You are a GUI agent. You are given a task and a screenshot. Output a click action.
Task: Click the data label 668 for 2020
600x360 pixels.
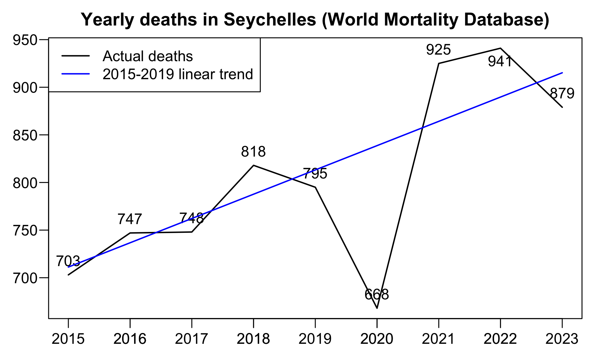[x=377, y=295]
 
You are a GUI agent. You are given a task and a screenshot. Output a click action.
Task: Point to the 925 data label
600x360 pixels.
[x=439, y=50]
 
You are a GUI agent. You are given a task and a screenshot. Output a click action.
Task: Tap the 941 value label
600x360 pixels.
[x=500, y=62]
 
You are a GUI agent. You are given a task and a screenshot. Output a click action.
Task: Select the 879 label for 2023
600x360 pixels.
[x=562, y=94]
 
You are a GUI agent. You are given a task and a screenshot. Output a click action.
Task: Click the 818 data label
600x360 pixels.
[x=253, y=152]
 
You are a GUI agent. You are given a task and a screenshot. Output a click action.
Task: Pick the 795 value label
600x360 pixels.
[x=315, y=174]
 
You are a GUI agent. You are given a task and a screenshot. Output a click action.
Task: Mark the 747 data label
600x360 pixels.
[x=130, y=219]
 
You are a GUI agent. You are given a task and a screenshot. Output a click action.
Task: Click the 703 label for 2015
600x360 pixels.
[x=68, y=261]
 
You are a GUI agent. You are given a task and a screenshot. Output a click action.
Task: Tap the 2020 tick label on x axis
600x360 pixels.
[x=377, y=339]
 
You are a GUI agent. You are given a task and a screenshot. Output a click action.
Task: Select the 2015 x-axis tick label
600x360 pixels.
[x=68, y=339]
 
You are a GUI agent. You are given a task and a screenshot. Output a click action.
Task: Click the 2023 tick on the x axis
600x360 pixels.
[x=562, y=339]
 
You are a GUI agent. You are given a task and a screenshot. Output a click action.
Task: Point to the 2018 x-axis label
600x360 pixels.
[x=253, y=339]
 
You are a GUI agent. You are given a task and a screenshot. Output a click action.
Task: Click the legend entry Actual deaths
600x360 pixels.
[x=148, y=56]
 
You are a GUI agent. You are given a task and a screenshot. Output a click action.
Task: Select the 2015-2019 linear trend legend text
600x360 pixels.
[x=178, y=74]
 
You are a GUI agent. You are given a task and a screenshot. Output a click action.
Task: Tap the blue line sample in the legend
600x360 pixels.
[x=76, y=74]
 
